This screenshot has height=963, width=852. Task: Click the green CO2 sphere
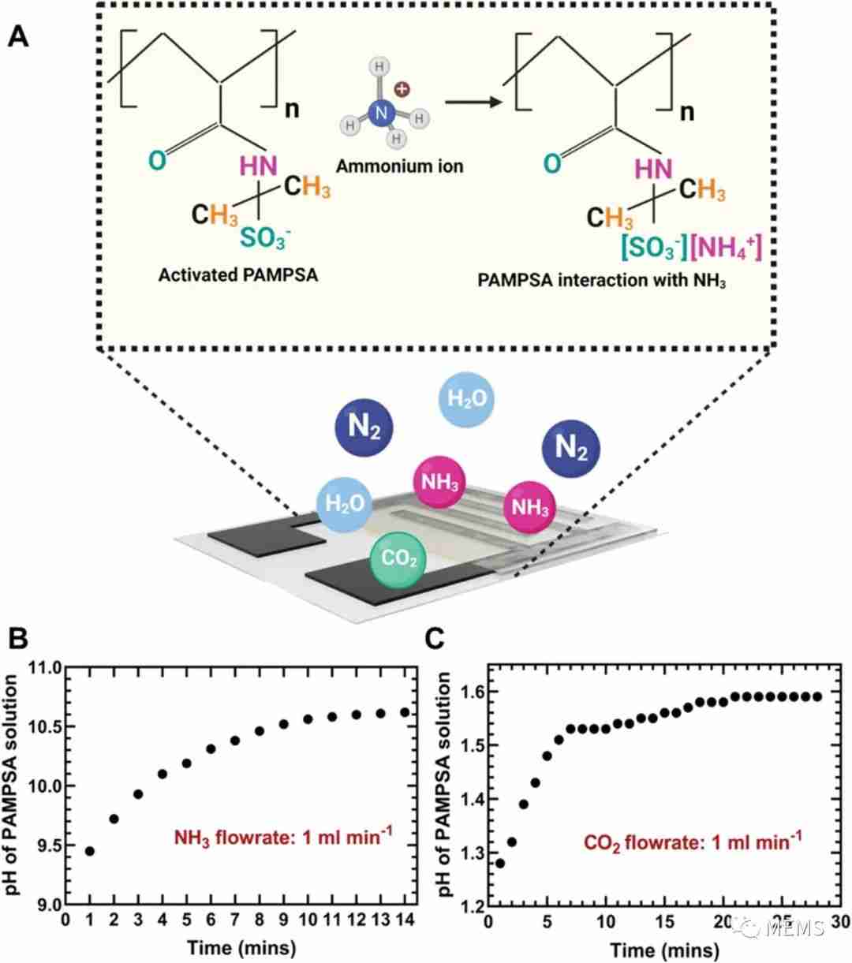pyautogui.click(x=398, y=560)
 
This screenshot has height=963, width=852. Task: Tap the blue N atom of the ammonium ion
pyautogui.click(x=381, y=113)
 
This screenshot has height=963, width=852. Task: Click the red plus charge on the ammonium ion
pyautogui.click(x=402, y=89)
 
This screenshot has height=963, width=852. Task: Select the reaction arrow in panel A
pyautogui.click(x=473, y=102)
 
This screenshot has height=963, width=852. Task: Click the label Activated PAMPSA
pyautogui.click(x=238, y=275)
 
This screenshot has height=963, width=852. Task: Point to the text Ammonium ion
pyautogui.click(x=399, y=166)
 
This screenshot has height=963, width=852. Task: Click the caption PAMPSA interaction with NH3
pyautogui.click(x=601, y=281)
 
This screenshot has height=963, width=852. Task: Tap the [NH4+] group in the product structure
pyautogui.click(x=726, y=248)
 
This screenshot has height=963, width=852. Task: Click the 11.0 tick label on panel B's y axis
pyautogui.click(x=45, y=668)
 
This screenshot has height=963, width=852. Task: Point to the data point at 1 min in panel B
pyautogui.click(x=89, y=850)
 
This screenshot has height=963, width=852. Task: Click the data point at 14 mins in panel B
pyautogui.click(x=405, y=712)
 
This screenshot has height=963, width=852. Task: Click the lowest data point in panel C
pyautogui.click(x=499, y=863)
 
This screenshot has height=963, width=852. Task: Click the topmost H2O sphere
pyautogui.click(x=466, y=399)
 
